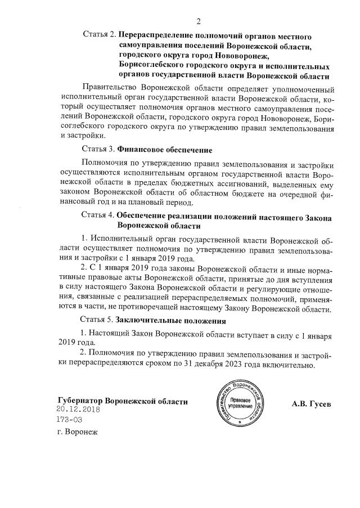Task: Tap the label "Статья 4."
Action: (x=98, y=215)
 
